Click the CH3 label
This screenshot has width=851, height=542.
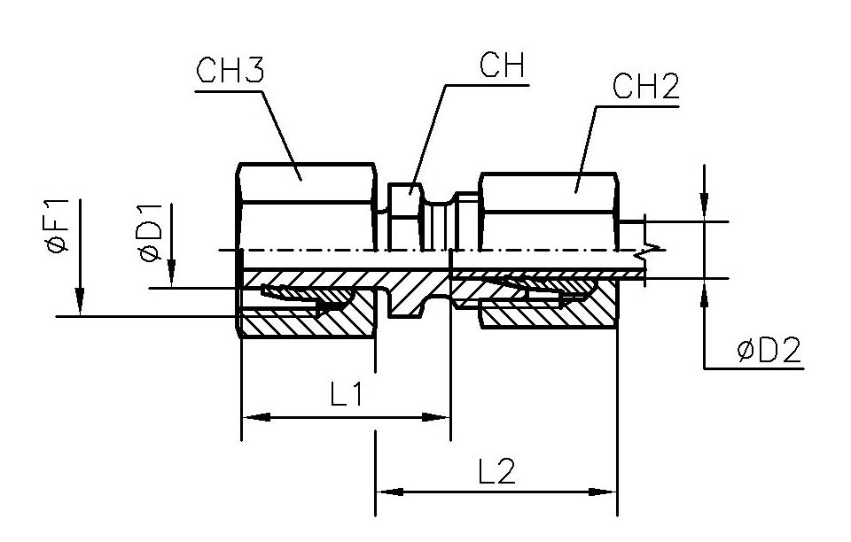tap(230, 71)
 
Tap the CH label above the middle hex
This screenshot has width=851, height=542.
tap(502, 65)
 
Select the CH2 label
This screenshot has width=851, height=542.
tap(646, 87)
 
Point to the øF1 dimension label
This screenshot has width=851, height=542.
tap(59, 226)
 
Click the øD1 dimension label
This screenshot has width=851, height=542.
tap(151, 233)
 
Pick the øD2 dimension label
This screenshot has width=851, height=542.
tap(769, 351)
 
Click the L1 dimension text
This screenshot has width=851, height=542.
tap(347, 396)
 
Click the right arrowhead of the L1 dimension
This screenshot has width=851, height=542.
tap(436, 417)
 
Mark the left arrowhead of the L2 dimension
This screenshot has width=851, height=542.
tap(390, 492)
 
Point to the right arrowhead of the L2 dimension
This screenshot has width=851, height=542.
tap(603, 492)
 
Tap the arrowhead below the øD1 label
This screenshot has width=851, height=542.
tap(171, 274)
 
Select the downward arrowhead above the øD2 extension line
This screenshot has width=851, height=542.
tap(704, 207)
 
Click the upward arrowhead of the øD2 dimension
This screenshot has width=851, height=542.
tap(704, 293)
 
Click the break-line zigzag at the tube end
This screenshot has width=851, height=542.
tap(649, 251)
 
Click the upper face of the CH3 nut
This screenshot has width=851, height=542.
tap(308, 183)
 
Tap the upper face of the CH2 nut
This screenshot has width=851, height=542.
tap(548, 193)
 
